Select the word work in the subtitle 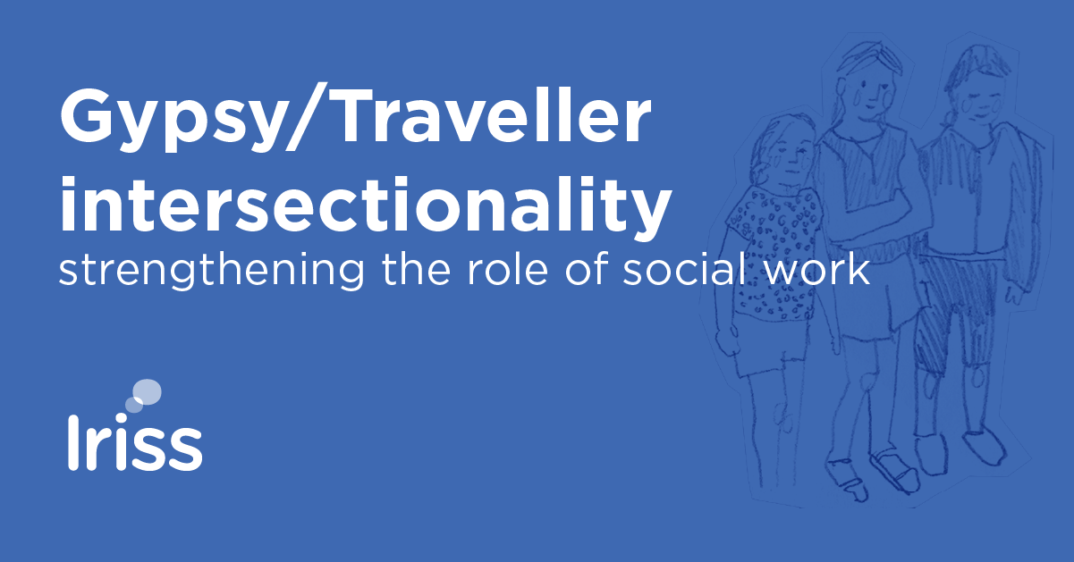coord(819,268)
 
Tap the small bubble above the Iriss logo coord(133,406)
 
